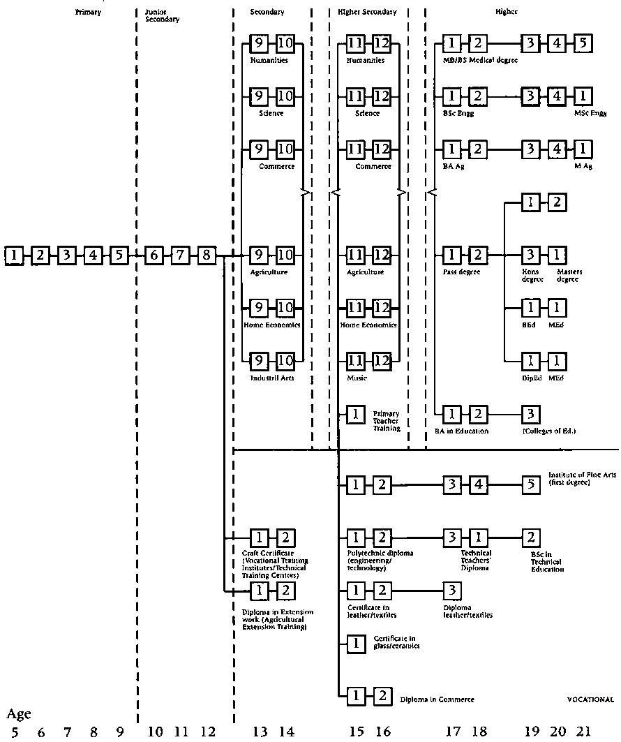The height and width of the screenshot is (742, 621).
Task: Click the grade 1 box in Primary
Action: pyautogui.click(x=13, y=255)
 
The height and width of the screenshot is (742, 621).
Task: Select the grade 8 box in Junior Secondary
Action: pyautogui.click(x=206, y=255)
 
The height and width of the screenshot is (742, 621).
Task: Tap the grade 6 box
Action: pyautogui.click(x=154, y=255)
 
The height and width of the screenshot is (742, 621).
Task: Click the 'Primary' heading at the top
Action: pyautogui.click(x=89, y=12)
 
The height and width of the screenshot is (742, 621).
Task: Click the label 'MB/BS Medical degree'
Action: pyautogui.click(x=480, y=60)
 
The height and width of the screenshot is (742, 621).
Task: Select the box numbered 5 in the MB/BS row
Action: pyautogui.click(x=583, y=43)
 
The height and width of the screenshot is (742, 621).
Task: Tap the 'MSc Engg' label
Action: pyautogui.click(x=590, y=112)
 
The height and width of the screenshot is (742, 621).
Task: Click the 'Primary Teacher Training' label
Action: pyautogui.click(x=387, y=420)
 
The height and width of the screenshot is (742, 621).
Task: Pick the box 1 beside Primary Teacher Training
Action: pyautogui.click(x=356, y=414)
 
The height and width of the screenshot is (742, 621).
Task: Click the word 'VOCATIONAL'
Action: pyautogui.click(x=590, y=699)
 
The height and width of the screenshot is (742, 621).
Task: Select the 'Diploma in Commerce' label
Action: pyautogui.click(x=437, y=699)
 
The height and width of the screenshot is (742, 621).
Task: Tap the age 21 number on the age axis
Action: pyautogui.click(x=583, y=732)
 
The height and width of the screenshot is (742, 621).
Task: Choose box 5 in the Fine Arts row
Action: pyautogui.click(x=532, y=484)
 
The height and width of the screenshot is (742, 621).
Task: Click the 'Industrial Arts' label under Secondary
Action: pyautogui.click(x=271, y=378)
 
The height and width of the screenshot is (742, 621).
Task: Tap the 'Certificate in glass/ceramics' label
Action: pyautogui.click(x=396, y=642)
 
